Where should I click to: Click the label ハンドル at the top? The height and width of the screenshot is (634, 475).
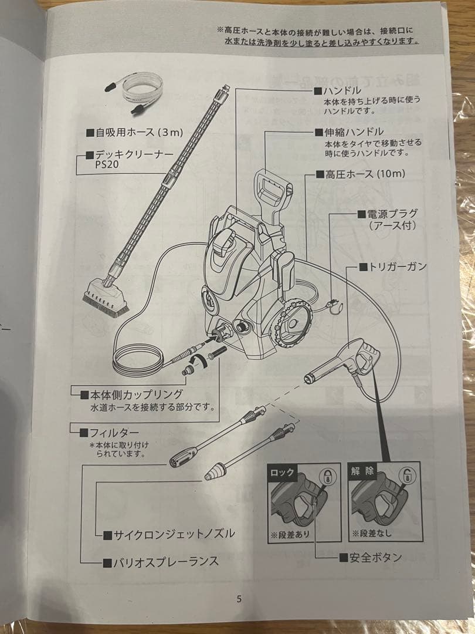(341, 91)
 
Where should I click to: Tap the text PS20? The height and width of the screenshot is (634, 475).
(107, 166)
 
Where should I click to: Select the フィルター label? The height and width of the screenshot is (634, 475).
(117, 433)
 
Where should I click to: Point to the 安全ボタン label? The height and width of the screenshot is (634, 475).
(374, 557)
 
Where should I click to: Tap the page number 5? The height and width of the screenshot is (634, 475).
(239, 599)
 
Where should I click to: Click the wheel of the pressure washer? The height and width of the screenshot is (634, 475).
(291, 324)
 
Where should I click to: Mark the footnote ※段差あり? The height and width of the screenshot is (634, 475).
(290, 534)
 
